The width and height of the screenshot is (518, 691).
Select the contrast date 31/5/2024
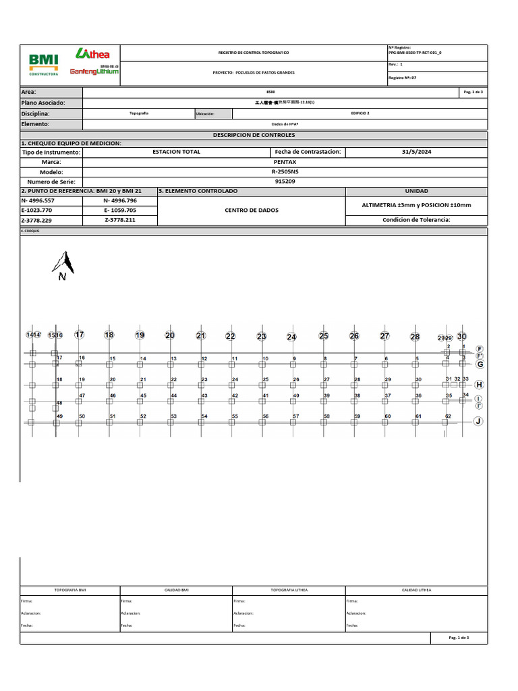tap(415, 152)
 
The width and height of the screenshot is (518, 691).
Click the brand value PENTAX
tap(284, 162)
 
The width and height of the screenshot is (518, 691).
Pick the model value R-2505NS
tap(284, 172)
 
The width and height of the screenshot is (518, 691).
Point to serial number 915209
tap(284, 182)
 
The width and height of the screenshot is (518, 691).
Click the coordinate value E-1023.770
tap(37, 210)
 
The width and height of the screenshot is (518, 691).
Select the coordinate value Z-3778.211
tap(119, 220)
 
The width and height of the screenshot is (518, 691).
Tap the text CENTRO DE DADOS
tap(250, 211)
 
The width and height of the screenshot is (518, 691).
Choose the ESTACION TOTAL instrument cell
tap(177, 152)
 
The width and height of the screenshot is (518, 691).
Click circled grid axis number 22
tap(230, 336)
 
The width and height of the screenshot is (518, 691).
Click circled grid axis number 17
tap(80, 335)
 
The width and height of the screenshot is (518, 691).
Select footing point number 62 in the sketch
tap(447, 417)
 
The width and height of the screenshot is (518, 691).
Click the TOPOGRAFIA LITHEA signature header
tap(289, 590)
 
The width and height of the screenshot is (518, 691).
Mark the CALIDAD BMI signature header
tap(177, 590)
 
